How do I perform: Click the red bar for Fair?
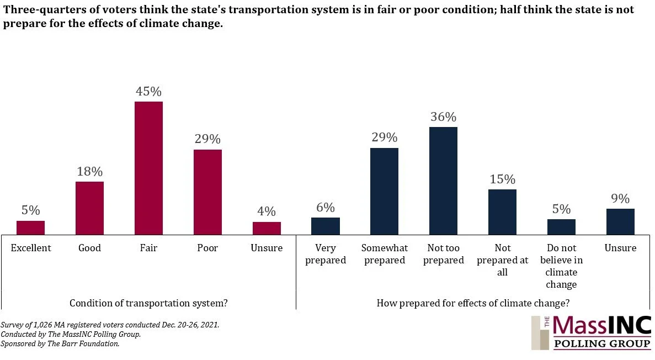(x=148, y=168)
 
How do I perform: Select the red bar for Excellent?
(x=30, y=227)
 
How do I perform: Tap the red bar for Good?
(x=89, y=208)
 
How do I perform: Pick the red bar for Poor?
(x=207, y=192)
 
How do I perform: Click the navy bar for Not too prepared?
(x=443, y=181)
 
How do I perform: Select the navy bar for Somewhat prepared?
(x=384, y=191)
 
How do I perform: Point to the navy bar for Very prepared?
(x=325, y=226)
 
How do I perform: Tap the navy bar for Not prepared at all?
(x=502, y=212)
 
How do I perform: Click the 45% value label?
(x=148, y=92)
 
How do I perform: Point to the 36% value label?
(x=443, y=117)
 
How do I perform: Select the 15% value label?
(x=502, y=179)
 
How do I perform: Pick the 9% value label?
(x=620, y=199)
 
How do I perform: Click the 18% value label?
(x=89, y=172)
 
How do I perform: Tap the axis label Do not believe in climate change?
(x=561, y=266)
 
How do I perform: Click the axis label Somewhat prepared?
(x=384, y=254)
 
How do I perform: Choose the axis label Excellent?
(x=31, y=248)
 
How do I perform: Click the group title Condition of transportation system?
(x=148, y=303)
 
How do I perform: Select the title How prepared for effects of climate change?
(x=473, y=303)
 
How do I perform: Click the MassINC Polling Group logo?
(x=591, y=332)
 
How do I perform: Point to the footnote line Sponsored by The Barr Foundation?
(x=60, y=343)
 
